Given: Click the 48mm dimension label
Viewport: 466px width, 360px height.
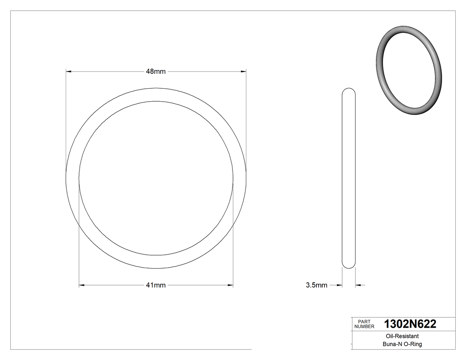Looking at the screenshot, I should pos(156,71).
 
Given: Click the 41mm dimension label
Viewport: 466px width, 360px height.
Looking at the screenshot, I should pos(156,285).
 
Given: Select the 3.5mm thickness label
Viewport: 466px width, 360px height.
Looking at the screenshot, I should pos(316,285).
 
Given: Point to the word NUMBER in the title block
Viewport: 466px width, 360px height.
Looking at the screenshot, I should pos(364,327).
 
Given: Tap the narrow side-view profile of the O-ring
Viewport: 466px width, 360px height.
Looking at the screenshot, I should pos(349,178).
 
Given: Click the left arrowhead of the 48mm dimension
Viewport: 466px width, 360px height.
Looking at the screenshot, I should pos(68,71).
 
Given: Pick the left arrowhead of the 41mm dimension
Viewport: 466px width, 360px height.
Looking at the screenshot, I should pos(82,285).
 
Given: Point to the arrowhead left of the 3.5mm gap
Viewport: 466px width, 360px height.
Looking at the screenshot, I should pos(340,285).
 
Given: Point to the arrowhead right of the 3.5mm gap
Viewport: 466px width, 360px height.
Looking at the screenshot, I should pos(358,285).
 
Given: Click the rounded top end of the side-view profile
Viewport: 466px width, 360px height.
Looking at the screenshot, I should pos(349,89).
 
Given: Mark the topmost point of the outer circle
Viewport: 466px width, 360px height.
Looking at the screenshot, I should pos(156,88).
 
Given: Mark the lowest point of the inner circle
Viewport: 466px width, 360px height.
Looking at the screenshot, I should pos(156,256).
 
